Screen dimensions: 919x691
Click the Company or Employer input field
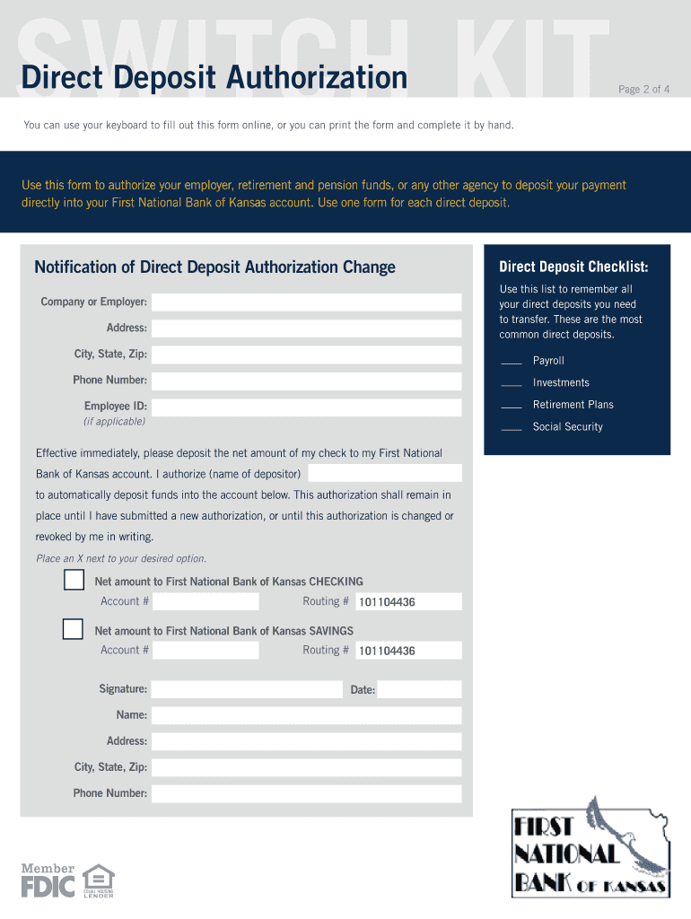coord(306,302)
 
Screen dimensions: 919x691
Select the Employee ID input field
coord(306,407)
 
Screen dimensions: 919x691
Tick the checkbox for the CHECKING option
coord(74,581)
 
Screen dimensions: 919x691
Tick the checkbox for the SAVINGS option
coord(74,629)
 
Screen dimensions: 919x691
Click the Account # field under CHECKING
coord(206,601)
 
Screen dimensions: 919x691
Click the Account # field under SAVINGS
coord(206,651)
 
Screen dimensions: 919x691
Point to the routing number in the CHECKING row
coord(387,602)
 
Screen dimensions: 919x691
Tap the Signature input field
coord(247,689)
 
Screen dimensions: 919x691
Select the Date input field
coord(419,689)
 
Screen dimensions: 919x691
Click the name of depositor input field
coord(385,473)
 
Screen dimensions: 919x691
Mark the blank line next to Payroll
coord(512,363)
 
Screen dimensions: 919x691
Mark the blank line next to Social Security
coord(512,429)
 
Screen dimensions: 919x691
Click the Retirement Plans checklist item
coord(573,405)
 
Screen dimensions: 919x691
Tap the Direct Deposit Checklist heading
coord(573,267)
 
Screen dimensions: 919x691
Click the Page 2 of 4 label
coord(643,89)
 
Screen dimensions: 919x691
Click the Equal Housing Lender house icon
coord(98,877)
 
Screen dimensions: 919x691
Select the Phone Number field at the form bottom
coord(306,793)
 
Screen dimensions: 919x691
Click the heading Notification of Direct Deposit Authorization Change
coord(214,267)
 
